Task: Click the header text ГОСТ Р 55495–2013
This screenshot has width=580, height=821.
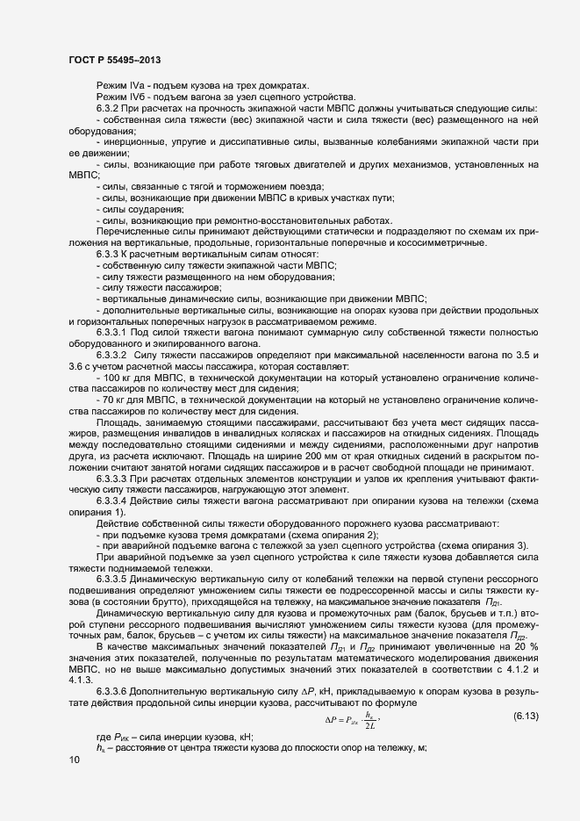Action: click(115, 60)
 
